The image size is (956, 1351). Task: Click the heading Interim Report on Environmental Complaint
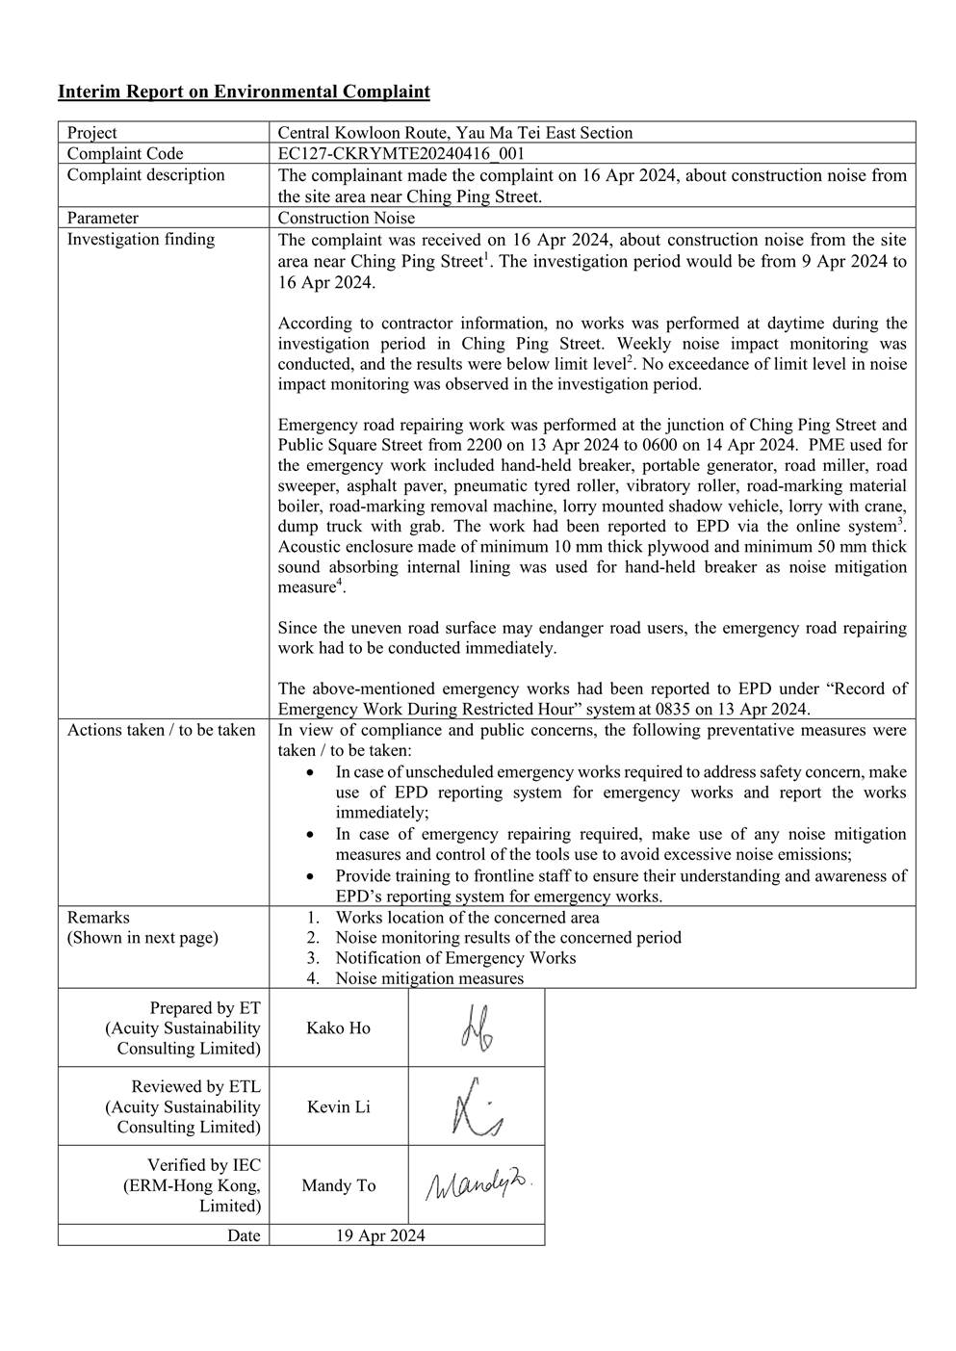pos(244,92)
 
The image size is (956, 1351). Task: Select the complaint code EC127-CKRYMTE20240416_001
pos(400,154)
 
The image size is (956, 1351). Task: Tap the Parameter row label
pos(103,219)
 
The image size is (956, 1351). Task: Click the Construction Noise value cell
pos(347,219)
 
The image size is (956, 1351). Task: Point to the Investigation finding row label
pos(141,240)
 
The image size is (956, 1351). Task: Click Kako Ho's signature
pos(477,1027)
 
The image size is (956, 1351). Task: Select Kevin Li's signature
pos(477,1106)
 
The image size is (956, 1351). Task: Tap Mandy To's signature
pos(478,1184)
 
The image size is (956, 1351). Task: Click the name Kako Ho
pos(338,1028)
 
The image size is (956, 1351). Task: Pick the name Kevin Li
pos(338,1107)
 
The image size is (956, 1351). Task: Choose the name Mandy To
pos(338,1186)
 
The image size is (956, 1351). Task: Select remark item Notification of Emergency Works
pos(455,958)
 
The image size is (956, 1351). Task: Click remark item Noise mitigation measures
pos(429,978)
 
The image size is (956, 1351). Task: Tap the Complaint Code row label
pos(125,154)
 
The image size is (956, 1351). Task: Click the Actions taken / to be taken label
pos(161,730)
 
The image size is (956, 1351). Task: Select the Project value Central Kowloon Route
pos(454,133)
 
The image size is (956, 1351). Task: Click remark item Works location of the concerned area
pos(467,918)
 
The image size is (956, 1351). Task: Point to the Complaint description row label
pos(145,175)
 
